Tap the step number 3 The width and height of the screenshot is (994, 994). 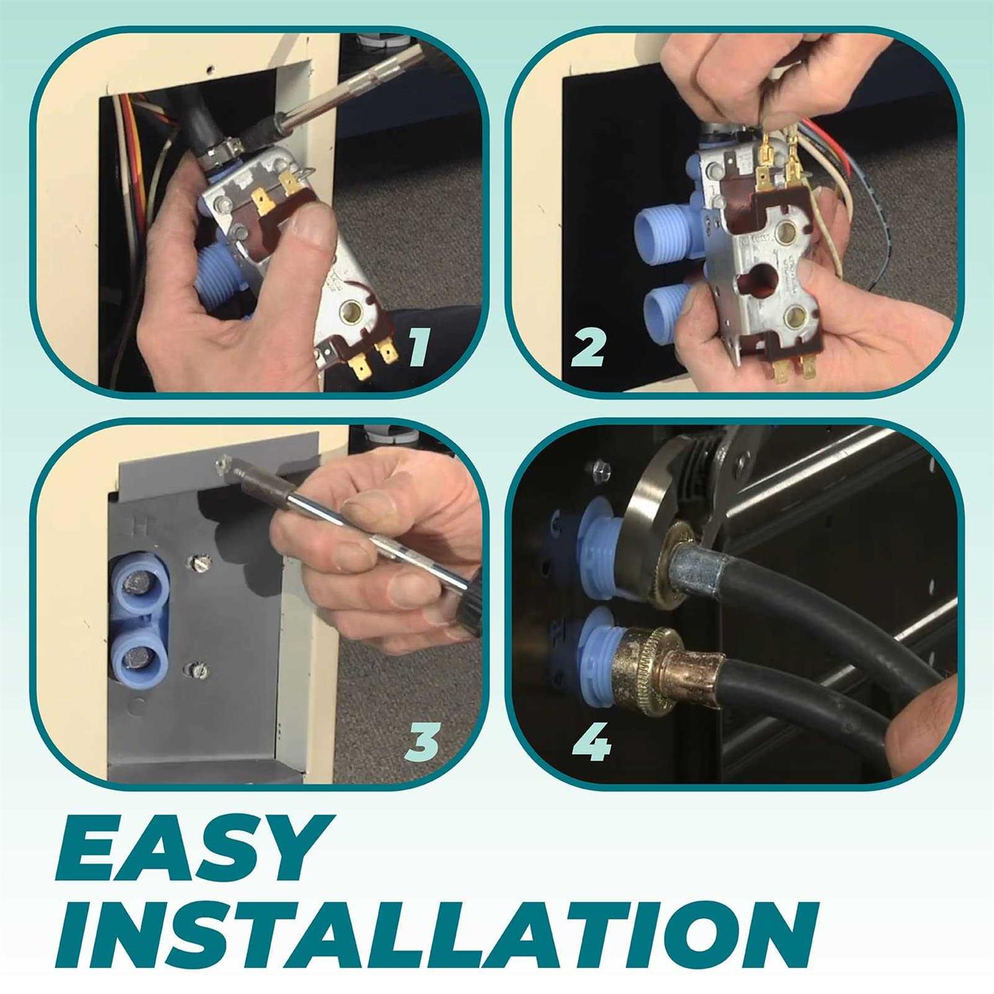coord(422,740)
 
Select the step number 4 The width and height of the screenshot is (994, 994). coord(591,740)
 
